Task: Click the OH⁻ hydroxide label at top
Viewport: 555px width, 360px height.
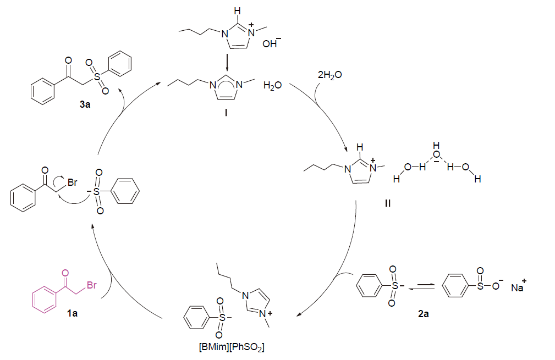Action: pos(270,45)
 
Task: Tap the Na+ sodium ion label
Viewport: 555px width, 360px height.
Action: pos(517,287)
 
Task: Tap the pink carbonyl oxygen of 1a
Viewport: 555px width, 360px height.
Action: pos(66,272)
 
